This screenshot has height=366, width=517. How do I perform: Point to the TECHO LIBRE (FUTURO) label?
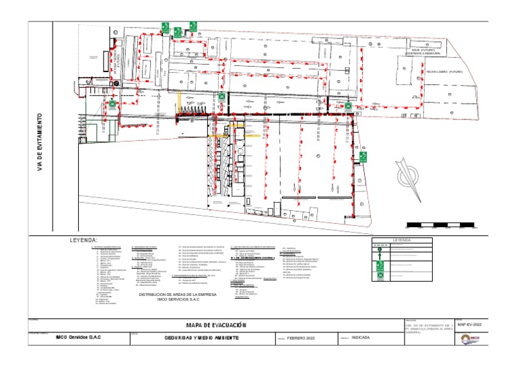coord(445,71)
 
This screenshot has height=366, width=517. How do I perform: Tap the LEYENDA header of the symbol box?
coord(401,239)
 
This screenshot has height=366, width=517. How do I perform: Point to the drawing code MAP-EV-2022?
coord(469,324)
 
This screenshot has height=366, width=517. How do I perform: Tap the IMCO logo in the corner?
coord(473,338)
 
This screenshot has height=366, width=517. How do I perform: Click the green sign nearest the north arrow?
coord(363,158)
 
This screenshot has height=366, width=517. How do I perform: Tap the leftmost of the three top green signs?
coord(164,28)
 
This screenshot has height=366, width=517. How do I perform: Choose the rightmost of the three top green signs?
coord(192,28)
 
